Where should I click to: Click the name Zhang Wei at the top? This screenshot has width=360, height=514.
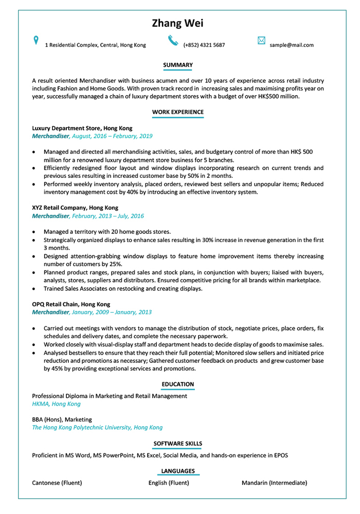(177, 24)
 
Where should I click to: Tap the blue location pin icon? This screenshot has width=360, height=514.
(35, 40)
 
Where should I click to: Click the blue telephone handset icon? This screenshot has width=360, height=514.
(172, 41)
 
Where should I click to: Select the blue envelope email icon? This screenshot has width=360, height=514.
(261, 41)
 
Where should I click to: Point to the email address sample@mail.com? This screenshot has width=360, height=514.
(291, 45)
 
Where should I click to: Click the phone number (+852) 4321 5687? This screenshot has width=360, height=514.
(204, 45)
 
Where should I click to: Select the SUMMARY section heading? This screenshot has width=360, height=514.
(177, 65)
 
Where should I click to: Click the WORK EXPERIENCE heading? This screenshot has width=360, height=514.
(177, 112)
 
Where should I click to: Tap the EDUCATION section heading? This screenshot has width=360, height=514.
(177, 384)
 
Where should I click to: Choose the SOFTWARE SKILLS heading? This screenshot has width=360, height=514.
(177, 444)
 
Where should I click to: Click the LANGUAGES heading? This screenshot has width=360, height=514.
(177, 471)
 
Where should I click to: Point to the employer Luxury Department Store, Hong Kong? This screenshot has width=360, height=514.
(82, 128)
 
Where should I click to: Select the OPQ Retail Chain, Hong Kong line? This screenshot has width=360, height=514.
(71, 304)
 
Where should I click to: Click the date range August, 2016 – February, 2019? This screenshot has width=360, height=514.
(112, 136)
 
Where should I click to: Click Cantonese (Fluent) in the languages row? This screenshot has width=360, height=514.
(57, 483)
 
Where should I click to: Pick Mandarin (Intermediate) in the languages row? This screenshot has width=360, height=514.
(274, 483)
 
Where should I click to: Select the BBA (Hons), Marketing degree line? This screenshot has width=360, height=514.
(62, 419)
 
